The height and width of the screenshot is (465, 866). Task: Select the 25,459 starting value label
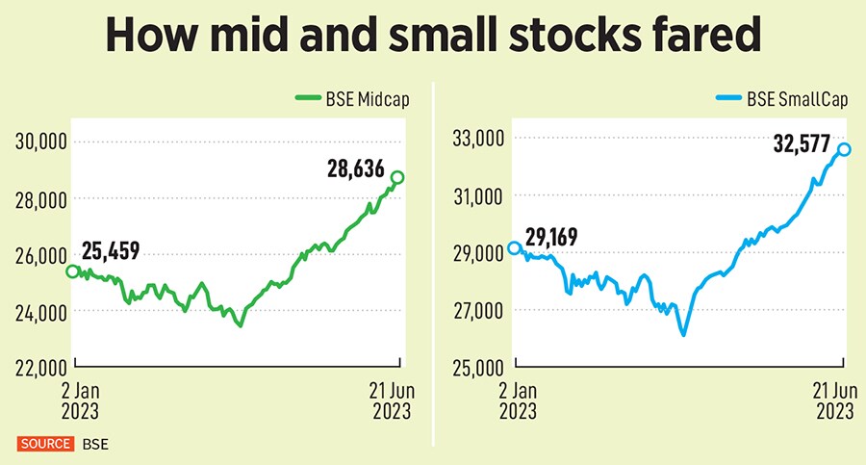pyautogui.click(x=112, y=252)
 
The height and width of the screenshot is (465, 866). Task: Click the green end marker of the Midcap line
pyautogui.click(x=398, y=177)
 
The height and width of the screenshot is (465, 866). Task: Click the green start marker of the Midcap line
pyautogui.click(x=72, y=271)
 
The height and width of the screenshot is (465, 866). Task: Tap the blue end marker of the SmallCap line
pyautogui.click(x=844, y=148)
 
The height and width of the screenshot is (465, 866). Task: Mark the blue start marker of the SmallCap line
pyautogui.click(x=515, y=247)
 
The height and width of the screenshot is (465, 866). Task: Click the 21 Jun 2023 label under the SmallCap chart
pyautogui.click(x=833, y=401)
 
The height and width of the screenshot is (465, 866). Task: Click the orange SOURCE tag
pyautogui.click(x=44, y=444)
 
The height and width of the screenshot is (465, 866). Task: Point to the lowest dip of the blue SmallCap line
pyautogui.click(x=683, y=334)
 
